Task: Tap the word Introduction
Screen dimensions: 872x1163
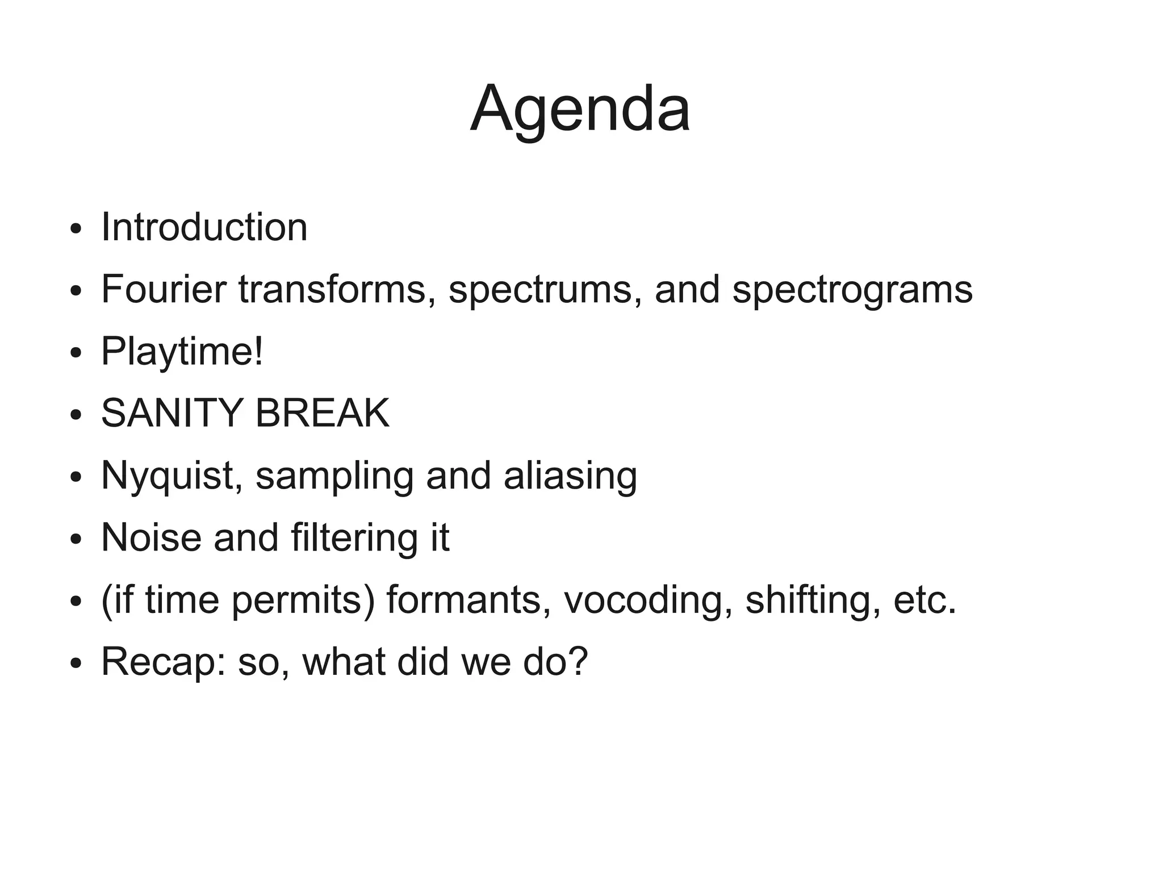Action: tap(204, 227)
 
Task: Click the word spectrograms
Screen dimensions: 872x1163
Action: tap(852, 290)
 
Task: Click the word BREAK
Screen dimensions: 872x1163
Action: tap(322, 413)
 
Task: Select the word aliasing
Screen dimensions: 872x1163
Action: tap(570, 476)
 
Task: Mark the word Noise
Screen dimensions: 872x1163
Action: tap(150, 537)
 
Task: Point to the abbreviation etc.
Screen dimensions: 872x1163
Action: tap(924, 600)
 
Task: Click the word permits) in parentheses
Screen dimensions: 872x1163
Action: tap(303, 601)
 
